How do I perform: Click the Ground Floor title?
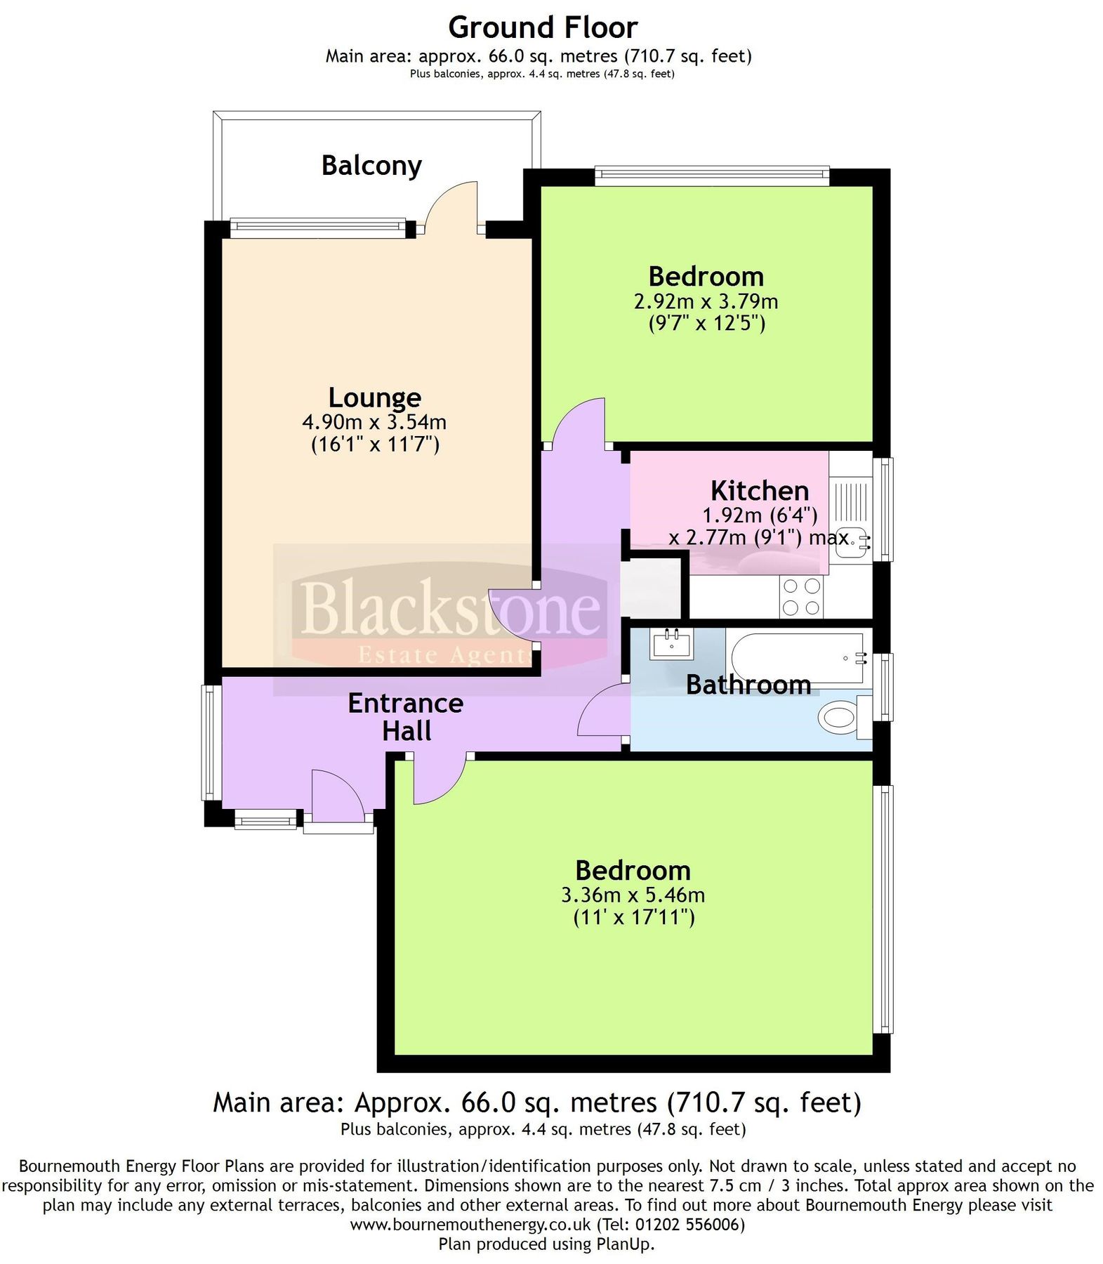(x=542, y=28)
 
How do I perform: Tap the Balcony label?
(x=371, y=166)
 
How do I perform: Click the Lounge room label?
(x=375, y=397)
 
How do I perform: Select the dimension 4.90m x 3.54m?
(x=374, y=422)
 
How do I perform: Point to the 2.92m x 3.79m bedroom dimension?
(x=706, y=302)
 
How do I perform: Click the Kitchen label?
(x=760, y=490)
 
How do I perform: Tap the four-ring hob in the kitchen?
(x=801, y=597)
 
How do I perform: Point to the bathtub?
(x=797, y=658)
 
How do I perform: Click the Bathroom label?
(x=748, y=685)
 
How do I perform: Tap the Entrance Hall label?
(x=406, y=716)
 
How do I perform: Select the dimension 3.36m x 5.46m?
(x=633, y=895)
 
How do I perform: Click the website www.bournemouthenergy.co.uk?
(x=470, y=1225)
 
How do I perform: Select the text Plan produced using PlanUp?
(x=546, y=1244)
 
